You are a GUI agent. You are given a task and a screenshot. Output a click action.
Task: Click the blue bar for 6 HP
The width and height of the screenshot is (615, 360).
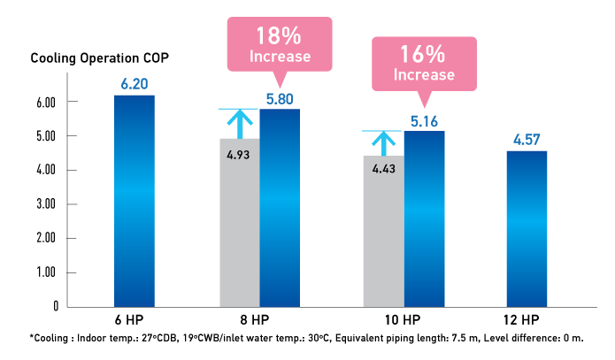pos(135,201)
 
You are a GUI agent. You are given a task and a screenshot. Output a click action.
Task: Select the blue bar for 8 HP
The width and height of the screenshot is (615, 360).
pos(279,208)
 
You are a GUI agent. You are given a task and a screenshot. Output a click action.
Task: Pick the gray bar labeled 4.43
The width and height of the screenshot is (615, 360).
pos(383,234)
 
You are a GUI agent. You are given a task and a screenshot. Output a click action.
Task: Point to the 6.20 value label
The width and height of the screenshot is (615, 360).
pos(135,84)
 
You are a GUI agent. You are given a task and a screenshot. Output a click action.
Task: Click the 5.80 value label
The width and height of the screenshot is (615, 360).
pos(279,97)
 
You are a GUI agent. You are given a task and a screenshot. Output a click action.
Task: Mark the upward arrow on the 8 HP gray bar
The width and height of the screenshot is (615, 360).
pos(238,123)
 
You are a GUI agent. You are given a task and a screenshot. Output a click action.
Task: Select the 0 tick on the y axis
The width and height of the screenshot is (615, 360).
pos(54,306)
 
